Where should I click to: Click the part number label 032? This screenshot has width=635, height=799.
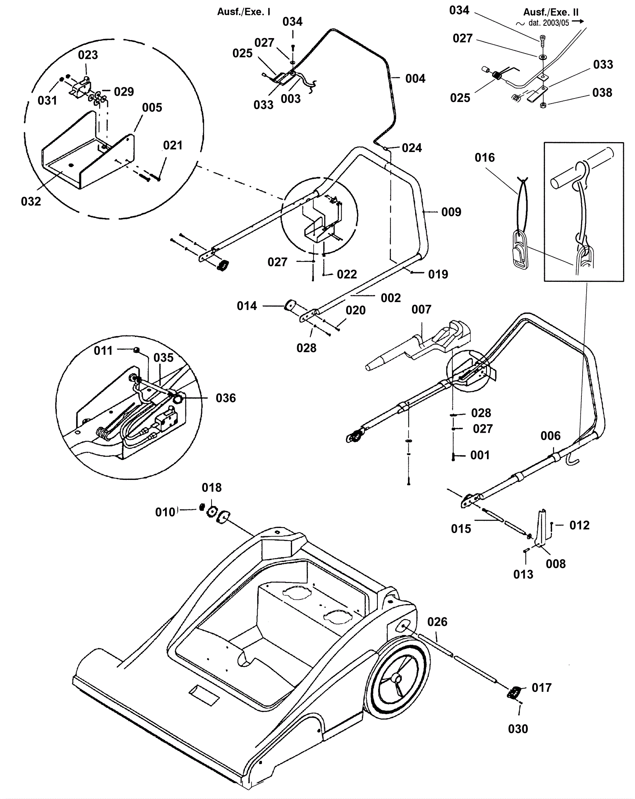(31, 201)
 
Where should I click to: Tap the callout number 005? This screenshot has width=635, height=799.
(152, 108)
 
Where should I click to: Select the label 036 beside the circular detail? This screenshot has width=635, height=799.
(225, 398)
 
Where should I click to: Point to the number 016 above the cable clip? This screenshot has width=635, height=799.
(485, 158)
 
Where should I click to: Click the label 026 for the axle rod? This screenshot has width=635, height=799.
(437, 622)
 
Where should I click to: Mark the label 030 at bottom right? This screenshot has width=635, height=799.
(518, 729)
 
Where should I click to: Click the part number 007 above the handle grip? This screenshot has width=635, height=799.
(421, 309)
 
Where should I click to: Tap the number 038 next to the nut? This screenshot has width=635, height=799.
(602, 92)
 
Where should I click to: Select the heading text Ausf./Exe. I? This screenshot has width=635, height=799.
(244, 12)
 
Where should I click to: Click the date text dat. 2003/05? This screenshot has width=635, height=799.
(548, 23)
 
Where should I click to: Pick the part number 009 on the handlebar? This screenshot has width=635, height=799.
(451, 212)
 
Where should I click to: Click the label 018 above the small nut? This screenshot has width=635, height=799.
(212, 487)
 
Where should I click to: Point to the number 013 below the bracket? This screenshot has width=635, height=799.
(523, 574)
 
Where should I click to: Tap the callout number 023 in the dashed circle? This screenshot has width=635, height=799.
(88, 55)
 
